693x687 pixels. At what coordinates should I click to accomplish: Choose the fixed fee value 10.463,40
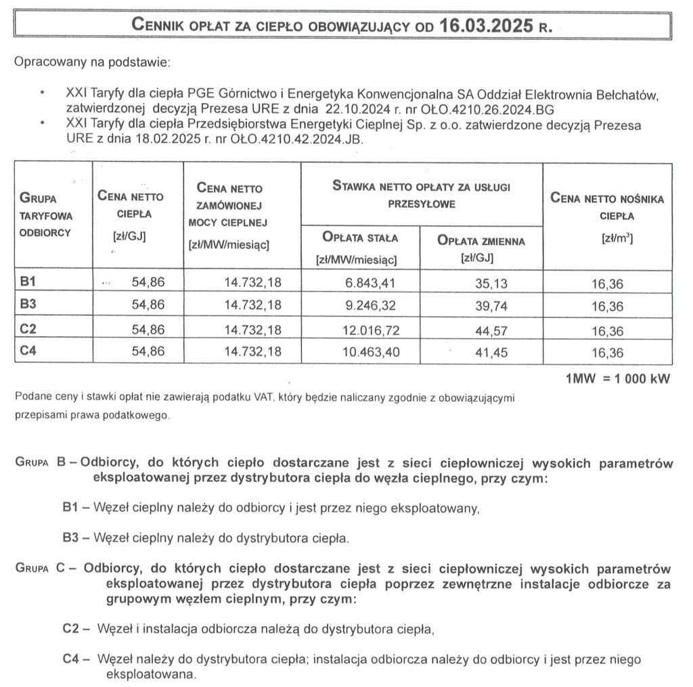click(x=366, y=353)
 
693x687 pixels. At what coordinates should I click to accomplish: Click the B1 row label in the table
click(x=28, y=280)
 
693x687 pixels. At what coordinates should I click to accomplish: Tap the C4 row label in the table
click(x=28, y=352)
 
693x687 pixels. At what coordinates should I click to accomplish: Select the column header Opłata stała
click(x=361, y=238)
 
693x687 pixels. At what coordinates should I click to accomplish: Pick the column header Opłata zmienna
click(x=480, y=241)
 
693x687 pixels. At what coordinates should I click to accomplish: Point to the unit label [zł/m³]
click(x=607, y=239)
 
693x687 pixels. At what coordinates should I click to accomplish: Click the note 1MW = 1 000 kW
click(x=617, y=379)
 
